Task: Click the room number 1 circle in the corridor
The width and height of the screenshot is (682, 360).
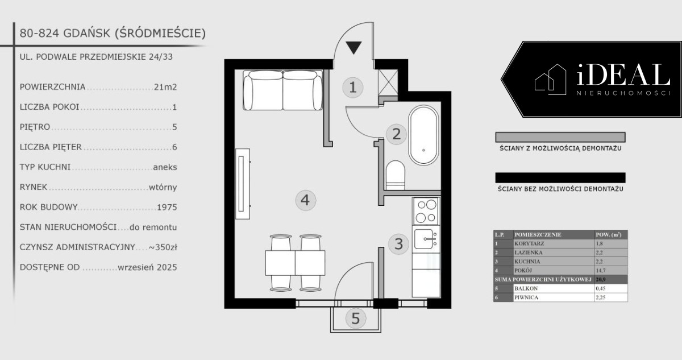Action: (353, 88)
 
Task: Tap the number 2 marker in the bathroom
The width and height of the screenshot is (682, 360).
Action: (397, 134)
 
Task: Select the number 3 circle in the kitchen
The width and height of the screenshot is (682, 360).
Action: (398, 244)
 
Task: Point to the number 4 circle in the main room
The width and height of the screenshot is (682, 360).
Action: (305, 200)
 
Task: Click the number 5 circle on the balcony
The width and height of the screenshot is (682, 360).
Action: (356, 318)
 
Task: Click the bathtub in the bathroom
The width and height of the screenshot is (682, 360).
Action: (423, 135)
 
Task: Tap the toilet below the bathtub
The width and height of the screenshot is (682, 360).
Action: (395, 175)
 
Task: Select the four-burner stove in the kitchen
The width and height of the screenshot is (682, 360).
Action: (426, 211)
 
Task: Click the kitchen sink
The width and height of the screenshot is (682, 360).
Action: (426, 239)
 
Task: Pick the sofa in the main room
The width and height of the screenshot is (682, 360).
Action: (283, 90)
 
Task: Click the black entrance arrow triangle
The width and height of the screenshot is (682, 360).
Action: (354, 48)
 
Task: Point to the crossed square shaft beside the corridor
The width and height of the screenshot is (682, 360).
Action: (388, 83)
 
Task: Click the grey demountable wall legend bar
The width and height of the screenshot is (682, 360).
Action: (560, 137)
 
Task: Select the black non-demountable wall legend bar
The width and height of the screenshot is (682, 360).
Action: (560, 177)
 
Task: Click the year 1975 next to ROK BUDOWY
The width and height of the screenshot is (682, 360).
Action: (167, 208)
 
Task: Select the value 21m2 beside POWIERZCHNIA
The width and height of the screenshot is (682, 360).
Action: (165, 87)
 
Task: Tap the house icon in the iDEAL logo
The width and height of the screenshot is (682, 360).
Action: (551, 79)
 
